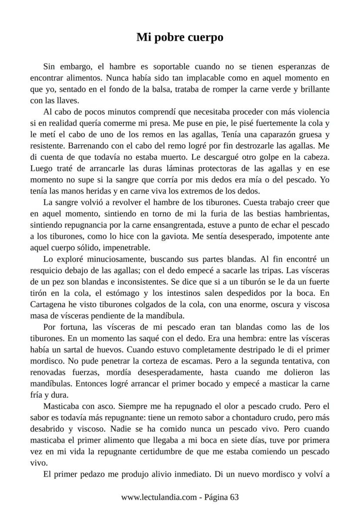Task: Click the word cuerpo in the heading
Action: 206,37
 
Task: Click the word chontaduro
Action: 255,417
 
